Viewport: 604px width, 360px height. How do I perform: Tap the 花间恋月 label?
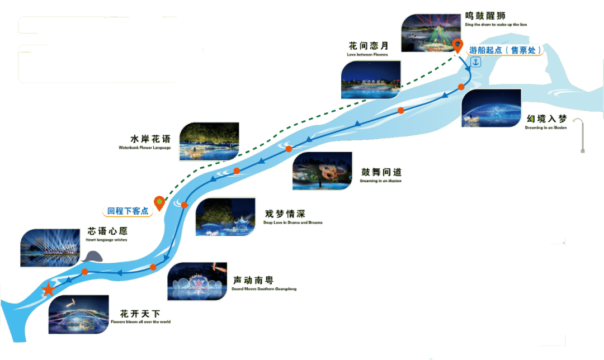[367, 46]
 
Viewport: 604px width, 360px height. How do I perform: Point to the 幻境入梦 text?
[546, 119]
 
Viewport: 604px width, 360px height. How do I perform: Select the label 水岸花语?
[149, 139]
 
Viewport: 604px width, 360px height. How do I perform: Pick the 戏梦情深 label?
[285, 214]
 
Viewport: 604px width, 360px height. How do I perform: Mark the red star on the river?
[49, 290]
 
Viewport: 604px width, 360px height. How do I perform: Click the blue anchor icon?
[476, 62]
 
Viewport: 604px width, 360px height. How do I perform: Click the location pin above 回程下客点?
[159, 202]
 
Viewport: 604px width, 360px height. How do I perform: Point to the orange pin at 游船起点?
[458, 46]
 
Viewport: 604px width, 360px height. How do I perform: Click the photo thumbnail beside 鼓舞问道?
[323, 170]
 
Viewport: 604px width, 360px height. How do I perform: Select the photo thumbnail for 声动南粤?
[197, 281]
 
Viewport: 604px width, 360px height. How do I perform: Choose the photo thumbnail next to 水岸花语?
[209, 141]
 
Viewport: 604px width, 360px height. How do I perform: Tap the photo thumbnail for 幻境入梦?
[491, 108]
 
